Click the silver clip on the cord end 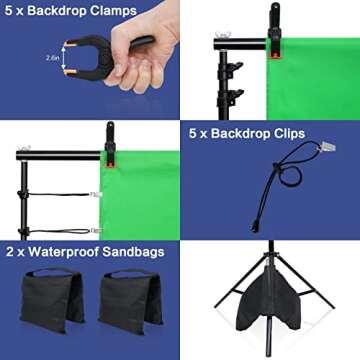point(325,149)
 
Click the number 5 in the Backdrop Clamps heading point(10,11)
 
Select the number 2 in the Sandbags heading point(10,252)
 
